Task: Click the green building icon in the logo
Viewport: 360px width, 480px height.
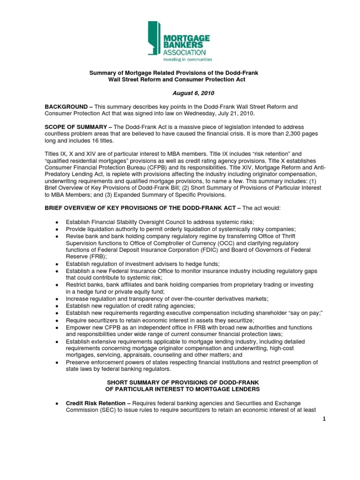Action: pos(157,39)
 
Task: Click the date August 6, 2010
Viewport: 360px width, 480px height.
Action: pos(180,94)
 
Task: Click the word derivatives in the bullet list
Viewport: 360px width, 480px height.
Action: pos(222,299)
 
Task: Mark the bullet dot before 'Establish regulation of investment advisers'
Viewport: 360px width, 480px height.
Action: pos(57,264)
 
